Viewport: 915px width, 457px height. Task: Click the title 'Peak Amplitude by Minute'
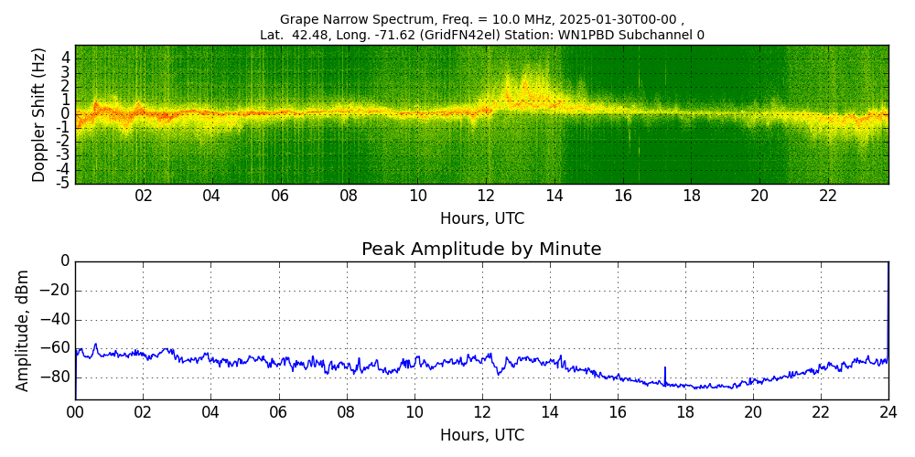click(481, 250)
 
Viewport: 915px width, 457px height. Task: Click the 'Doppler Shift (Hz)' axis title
click(39, 114)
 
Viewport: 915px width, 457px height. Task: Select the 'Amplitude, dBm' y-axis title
click(24, 330)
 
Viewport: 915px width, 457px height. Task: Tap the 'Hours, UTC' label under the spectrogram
click(481, 219)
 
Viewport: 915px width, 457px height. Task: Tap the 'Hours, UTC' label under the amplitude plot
click(481, 436)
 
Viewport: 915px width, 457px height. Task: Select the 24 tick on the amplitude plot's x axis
click(888, 412)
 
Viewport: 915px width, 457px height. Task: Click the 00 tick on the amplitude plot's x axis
click(75, 412)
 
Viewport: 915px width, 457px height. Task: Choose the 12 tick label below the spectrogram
click(486, 196)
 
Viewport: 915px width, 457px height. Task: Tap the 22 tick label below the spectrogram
click(828, 196)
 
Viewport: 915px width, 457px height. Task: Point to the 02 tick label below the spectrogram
click(144, 196)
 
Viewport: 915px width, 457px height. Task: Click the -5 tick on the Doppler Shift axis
click(64, 183)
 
